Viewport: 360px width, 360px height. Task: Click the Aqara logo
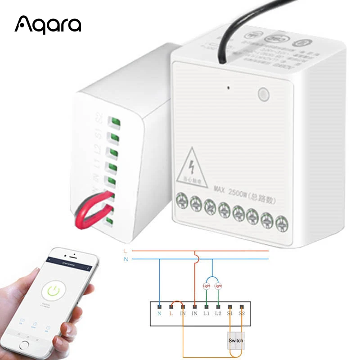(48, 25)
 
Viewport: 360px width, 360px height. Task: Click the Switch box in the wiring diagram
(235, 341)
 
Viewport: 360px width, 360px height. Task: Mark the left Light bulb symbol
(207, 286)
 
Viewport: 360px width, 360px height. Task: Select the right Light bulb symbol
(218, 286)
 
